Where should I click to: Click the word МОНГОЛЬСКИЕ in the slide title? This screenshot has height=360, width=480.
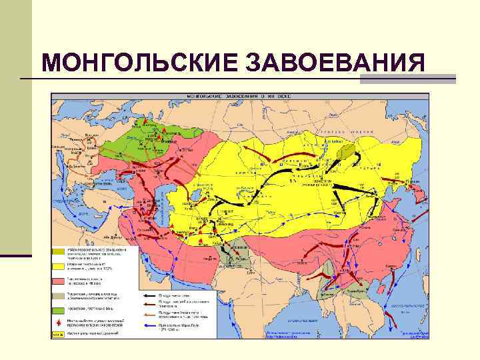click(139, 63)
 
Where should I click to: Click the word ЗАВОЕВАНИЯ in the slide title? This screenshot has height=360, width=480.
click(335, 63)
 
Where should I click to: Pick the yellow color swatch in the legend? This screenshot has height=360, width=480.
click(59, 265)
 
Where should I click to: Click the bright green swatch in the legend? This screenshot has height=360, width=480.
click(59, 309)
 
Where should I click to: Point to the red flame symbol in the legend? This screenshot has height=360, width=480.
click(59, 322)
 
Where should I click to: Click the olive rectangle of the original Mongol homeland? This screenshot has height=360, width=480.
click(347, 151)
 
